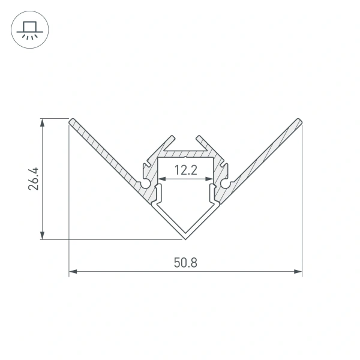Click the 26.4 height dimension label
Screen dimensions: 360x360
[x=34, y=179]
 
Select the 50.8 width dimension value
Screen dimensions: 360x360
[x=185, y=263]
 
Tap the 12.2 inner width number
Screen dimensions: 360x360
[x=186, y=170]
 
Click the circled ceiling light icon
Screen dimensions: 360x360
[x=30, y=29]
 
